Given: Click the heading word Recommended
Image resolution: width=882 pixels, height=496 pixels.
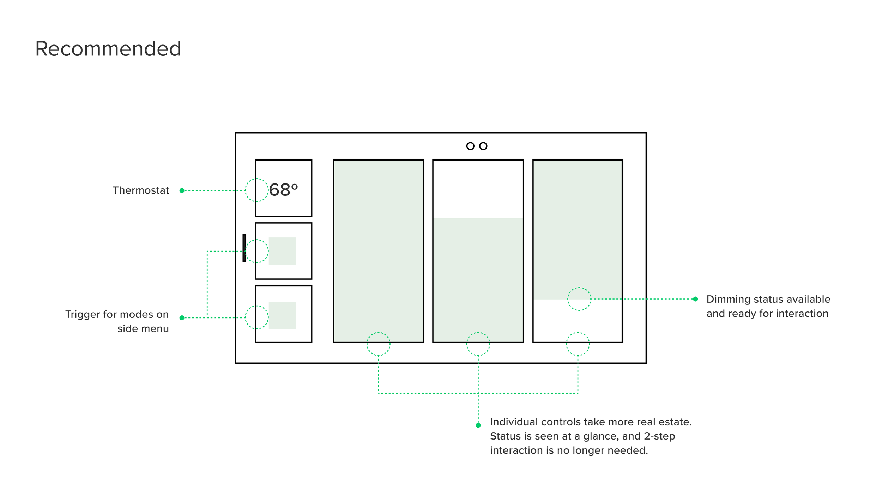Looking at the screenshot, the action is [x=108, y=49].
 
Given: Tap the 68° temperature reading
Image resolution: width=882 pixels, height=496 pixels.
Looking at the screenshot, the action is [x=283, y=190].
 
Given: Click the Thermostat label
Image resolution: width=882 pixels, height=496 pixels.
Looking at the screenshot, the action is [x=141, y=190].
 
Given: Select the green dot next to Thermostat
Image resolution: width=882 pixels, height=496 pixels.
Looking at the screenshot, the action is [x=182, y=190].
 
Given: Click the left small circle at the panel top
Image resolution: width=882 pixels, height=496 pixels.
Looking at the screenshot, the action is [x=470, y=146].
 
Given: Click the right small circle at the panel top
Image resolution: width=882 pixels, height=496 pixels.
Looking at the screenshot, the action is [x=483, y=146].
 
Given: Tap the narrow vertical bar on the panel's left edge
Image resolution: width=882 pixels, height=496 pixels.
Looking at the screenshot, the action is [x=244, y=248].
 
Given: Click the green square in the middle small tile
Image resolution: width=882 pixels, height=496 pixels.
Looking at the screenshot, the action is [x=282, y=251].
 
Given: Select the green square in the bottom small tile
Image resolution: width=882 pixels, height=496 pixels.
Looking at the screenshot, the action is [x=282, y=315].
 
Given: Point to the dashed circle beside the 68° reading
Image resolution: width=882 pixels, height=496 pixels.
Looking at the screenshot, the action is [x=256, y=190].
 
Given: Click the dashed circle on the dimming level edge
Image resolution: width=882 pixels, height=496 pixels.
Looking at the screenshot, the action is [x=579, y=299].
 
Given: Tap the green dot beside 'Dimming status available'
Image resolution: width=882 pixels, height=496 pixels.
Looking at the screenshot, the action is [x=695, y=299].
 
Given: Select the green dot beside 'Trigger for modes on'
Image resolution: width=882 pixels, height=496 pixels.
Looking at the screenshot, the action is [x=182, y=318].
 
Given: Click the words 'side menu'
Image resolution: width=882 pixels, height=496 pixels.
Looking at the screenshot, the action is [x=143, y=329].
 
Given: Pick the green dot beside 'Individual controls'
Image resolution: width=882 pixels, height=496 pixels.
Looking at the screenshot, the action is [x=478, y=425].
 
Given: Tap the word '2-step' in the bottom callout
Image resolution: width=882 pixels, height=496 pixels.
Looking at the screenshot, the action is [x=659, y=436].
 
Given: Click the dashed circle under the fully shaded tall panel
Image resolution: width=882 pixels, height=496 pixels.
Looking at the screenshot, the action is [x=378, y=344].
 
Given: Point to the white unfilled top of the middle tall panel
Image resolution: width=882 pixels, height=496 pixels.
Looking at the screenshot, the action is [x=478, y=189].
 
